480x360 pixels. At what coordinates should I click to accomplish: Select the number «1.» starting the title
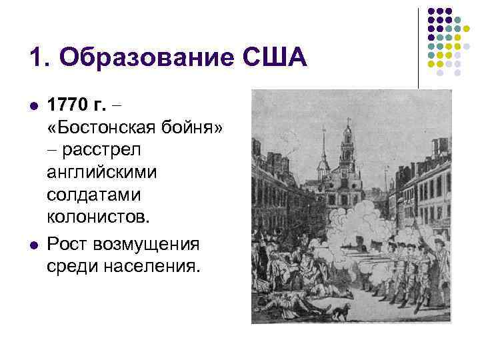click(39, 59)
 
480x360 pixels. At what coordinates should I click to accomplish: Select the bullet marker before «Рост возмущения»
click(32, 245)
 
